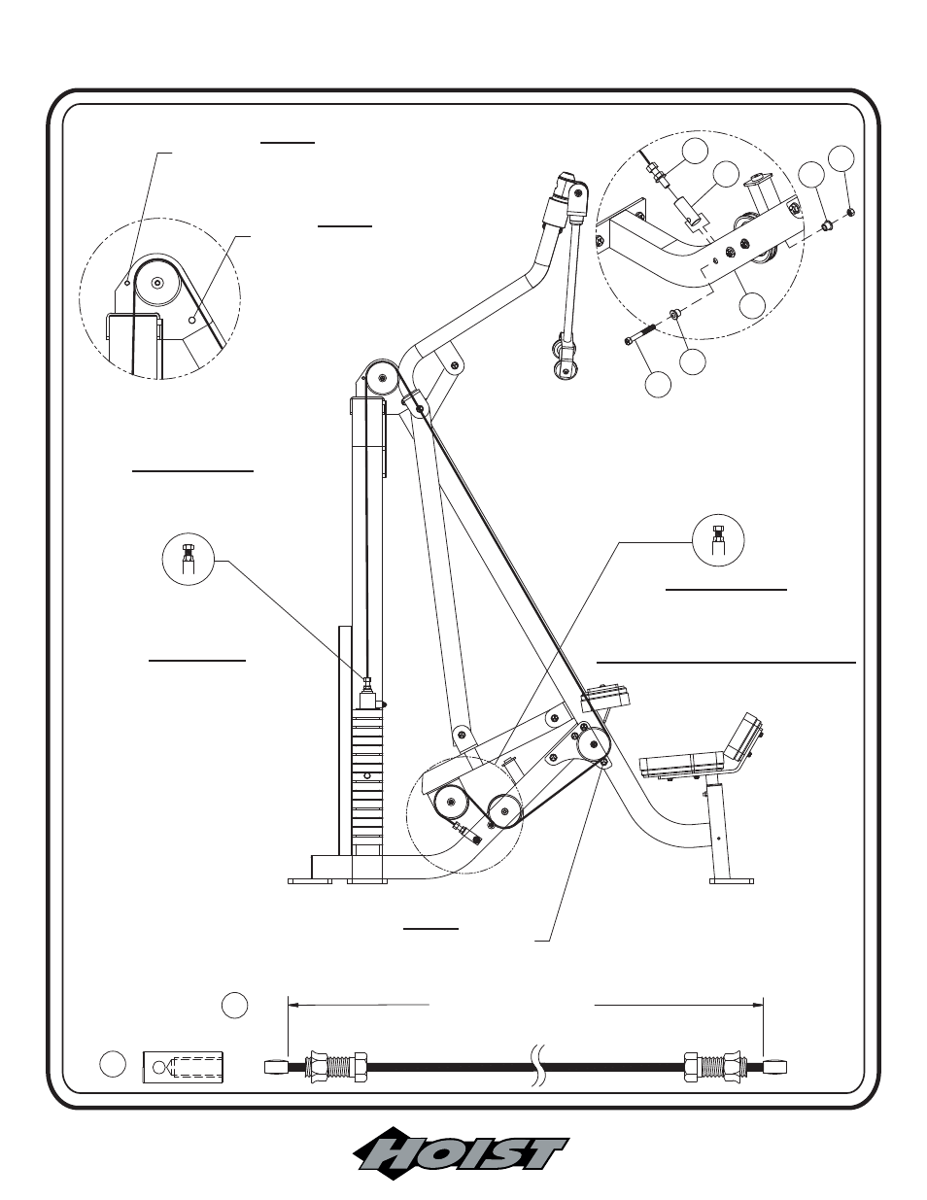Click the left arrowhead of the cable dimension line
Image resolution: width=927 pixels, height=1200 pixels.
coord(293,1005)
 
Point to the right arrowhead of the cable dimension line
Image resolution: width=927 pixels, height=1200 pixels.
coord(758,1005)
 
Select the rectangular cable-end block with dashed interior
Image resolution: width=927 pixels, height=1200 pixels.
coord(183,1067)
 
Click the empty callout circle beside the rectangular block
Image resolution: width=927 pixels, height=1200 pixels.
coord(113,1064)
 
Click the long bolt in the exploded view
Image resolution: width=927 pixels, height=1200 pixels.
coord(641,334)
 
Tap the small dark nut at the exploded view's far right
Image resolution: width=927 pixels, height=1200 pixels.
coord(851,211)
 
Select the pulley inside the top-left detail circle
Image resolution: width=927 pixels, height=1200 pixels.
coord(158,283)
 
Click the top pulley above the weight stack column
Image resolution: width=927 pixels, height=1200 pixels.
coord(382,378)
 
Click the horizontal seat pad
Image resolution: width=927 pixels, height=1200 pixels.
coord(684,766)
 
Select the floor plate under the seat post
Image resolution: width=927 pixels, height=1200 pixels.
coord(732,881)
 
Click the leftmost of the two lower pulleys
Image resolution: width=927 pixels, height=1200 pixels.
coord(452,804)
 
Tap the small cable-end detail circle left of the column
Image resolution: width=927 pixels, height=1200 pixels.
coord(189,560)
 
